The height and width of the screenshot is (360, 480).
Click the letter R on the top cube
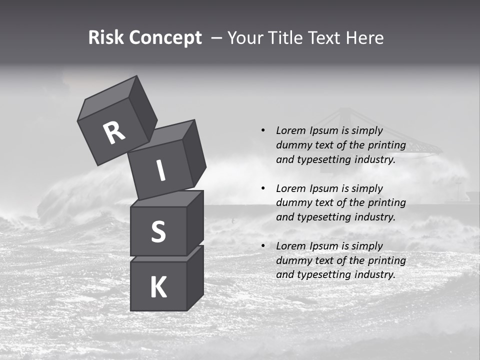coord(114,133)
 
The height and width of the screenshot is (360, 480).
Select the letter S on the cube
coord(158,231)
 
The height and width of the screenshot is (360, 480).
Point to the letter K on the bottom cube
coord(158,287)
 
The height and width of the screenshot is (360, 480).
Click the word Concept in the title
coord(165,38)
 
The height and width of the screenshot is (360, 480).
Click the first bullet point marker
coord(263,130)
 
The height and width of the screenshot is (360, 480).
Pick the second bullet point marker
coord(263,188)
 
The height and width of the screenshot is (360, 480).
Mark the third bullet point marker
coord(263,246)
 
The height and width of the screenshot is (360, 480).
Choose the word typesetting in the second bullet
coord(321,217)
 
